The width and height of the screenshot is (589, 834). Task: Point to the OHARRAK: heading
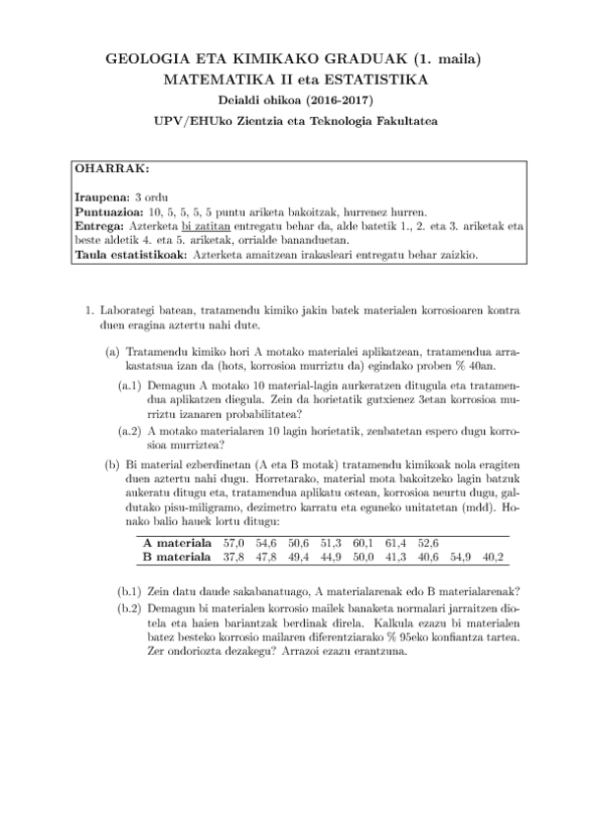(x=112, y=167)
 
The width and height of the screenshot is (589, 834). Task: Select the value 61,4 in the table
(x=395, y=542)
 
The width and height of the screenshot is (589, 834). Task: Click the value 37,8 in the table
(x=233, y=557)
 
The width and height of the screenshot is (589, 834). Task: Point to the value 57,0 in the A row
(x=234, y=542)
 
